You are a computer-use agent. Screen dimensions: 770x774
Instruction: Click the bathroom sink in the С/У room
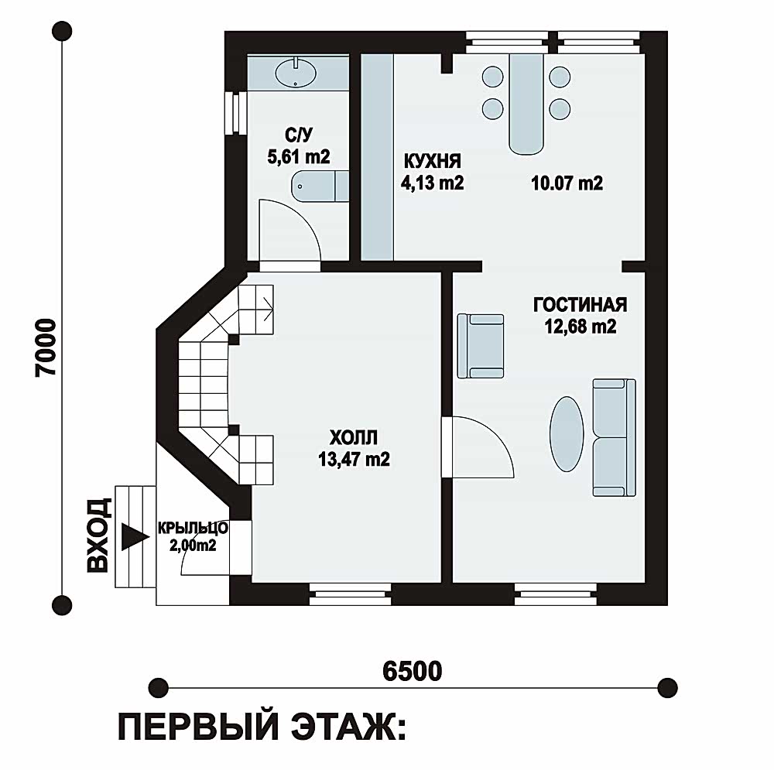coord(296,74)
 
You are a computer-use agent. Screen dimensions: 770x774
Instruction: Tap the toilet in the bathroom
coord(319,187)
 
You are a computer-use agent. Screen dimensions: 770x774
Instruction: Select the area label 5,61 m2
coord(299,157)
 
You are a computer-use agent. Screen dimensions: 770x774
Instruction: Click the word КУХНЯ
coord(432,161)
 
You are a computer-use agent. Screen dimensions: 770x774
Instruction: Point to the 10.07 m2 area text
coord(567,183)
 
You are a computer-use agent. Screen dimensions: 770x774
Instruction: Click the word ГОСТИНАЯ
coord(580,303)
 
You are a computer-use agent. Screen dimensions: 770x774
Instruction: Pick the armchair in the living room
coord(481,345)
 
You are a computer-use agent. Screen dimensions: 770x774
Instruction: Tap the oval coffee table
coord(568,433)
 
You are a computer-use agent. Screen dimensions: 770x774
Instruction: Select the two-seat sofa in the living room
coord(614,436)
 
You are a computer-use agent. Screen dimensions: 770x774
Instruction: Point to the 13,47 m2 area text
coord(353,459)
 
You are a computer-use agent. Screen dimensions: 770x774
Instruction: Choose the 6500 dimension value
coord(412,671)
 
